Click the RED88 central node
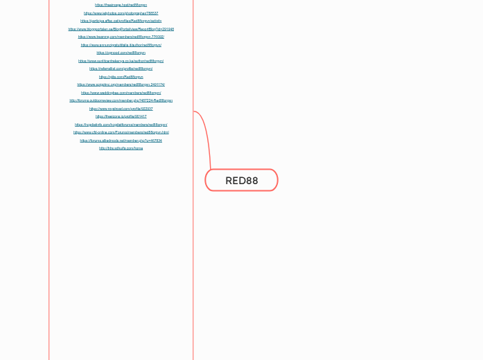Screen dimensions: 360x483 (x=241, y=181)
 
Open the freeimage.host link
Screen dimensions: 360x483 (x=121, y=5)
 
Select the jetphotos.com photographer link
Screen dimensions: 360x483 (x=121, y=13)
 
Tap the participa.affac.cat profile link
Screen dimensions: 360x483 (x=121, y=21)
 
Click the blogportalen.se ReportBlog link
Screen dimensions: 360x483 (x=121, y=29)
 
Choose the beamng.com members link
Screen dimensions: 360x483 (x=121, y=37)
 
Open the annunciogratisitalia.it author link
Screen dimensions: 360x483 (x=121, y=45)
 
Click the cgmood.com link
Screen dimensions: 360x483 (x=121, y=53)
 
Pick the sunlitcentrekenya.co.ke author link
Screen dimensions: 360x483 (x=121, y=61)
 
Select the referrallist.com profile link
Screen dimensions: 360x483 (x=121, y=69)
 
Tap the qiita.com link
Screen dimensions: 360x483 (x=121, y=77)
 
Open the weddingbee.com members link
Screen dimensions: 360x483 (x=121, y=93)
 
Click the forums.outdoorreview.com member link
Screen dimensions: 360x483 (x=121, y=100)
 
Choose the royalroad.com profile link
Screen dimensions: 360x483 (x=121, y=109)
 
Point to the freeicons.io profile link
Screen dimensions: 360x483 (x=121, y=116)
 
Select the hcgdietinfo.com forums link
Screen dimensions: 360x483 (x=121, y=125)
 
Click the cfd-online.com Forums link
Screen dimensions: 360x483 (x=121, y=132)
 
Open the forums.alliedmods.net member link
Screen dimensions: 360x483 (x=121, y=141)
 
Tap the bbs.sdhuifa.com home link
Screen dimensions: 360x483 (x=121, y=148)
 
